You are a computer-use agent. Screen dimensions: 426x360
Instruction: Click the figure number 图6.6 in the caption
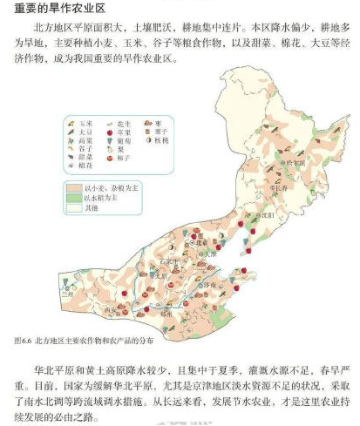tap(26, 340)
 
